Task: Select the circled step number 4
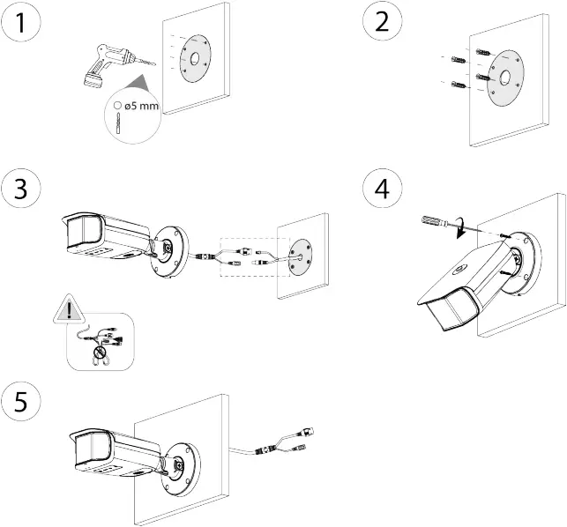tap(381, 188)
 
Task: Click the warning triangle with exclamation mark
tap(66, 309)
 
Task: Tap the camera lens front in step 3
tap(78, 233)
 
